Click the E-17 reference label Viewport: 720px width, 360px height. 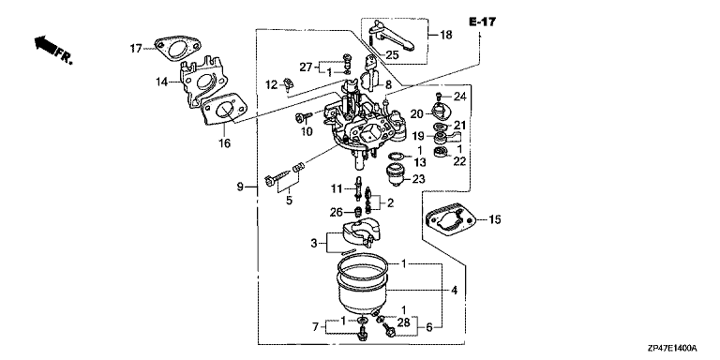482,22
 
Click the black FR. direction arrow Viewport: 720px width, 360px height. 45,45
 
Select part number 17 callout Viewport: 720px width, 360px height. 135,48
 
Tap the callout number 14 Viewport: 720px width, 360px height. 161,82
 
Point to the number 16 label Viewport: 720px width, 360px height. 225,143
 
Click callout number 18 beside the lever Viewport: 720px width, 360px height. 446,35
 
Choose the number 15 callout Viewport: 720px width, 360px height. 495,220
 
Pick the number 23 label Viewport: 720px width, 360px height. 418,179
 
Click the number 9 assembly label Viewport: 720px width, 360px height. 240,187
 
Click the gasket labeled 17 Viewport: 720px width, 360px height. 177,49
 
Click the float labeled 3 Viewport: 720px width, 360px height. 361,233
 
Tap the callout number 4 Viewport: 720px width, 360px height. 454,291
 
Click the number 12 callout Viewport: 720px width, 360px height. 272,84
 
